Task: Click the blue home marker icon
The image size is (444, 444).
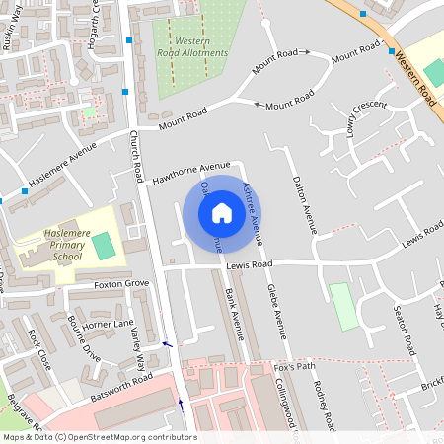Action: pos(222,212)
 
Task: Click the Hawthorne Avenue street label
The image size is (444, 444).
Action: pos(191,173)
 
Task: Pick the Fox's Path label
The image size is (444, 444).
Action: pos(294,366)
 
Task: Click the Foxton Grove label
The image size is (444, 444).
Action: pos(120,284)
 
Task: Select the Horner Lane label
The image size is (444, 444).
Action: pos(108,324)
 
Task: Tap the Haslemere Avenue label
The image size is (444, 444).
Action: pos(60,158)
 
